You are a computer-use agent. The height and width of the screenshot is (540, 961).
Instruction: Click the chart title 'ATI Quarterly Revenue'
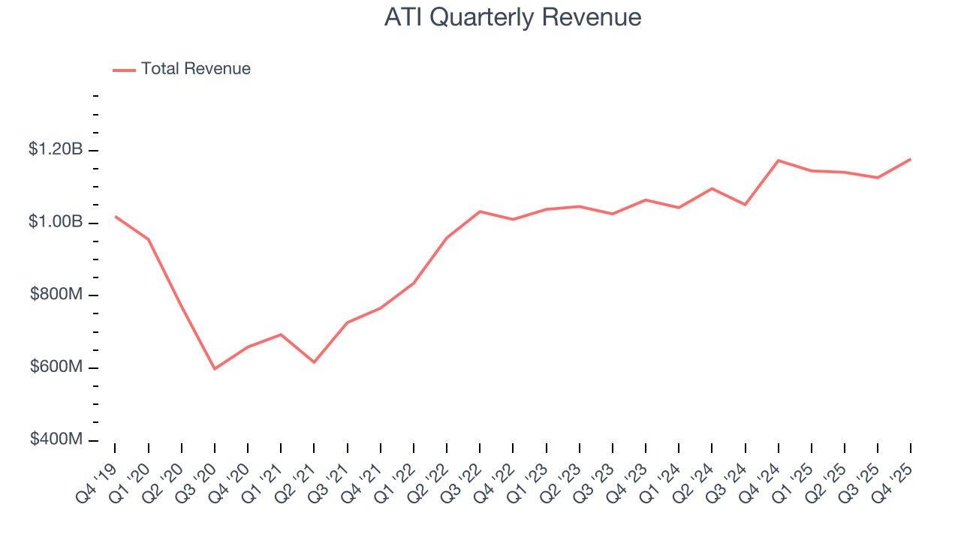point(513,17)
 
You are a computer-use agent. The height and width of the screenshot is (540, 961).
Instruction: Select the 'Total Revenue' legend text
point(195,69)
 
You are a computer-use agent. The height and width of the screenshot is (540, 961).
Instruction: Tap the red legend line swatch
point(124,70)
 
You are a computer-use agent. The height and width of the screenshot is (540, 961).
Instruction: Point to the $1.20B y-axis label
point(56,150)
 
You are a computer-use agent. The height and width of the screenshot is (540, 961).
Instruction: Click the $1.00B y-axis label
point(56,222)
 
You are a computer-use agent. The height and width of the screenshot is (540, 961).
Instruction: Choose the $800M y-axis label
point(56,295)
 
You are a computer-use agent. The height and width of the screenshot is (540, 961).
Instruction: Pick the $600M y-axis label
point(56,367)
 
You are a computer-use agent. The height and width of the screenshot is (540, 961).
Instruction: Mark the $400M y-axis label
point(56,439)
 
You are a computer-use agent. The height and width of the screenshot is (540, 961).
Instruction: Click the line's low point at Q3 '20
point(215,369)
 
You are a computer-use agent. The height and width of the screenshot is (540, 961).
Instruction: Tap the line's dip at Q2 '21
point(314,362)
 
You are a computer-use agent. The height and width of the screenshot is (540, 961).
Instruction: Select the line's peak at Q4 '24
point(779,160)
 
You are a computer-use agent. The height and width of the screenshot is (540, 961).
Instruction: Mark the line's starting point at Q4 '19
point(115,216)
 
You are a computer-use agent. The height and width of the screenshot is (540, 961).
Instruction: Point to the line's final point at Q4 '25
point(911,159)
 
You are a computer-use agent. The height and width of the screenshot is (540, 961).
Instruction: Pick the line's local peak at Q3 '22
point(480,211)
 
